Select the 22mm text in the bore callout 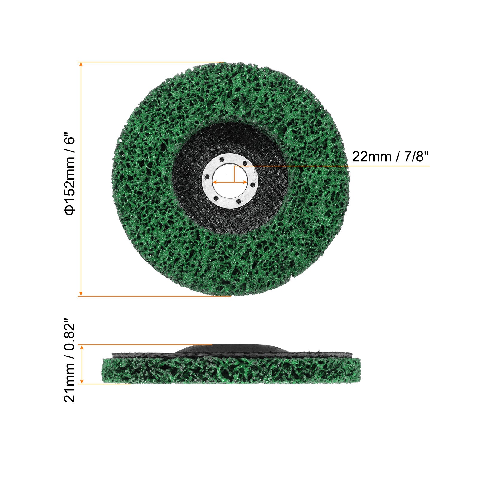(x=371, y=157)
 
